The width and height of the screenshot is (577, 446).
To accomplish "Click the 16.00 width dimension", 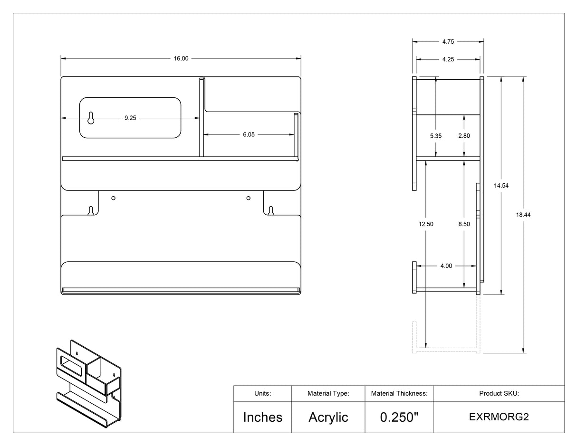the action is coord(181,58).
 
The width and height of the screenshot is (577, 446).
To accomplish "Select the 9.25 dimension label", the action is coord(130,118).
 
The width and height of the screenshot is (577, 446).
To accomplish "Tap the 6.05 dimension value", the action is coord(249,134).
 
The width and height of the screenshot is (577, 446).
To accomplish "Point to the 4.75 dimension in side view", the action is coord(448,42).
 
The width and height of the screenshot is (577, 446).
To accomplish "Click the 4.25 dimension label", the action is coord(448,59).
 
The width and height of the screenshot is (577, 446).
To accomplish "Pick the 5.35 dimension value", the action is coord(436,136).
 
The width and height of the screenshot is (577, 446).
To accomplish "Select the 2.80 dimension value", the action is coord(464,136).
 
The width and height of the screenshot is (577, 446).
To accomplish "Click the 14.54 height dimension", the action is coord(501,186).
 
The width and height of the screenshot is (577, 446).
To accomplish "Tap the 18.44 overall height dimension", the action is coord(523,215).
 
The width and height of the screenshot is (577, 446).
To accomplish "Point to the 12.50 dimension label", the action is coord(426,224).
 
